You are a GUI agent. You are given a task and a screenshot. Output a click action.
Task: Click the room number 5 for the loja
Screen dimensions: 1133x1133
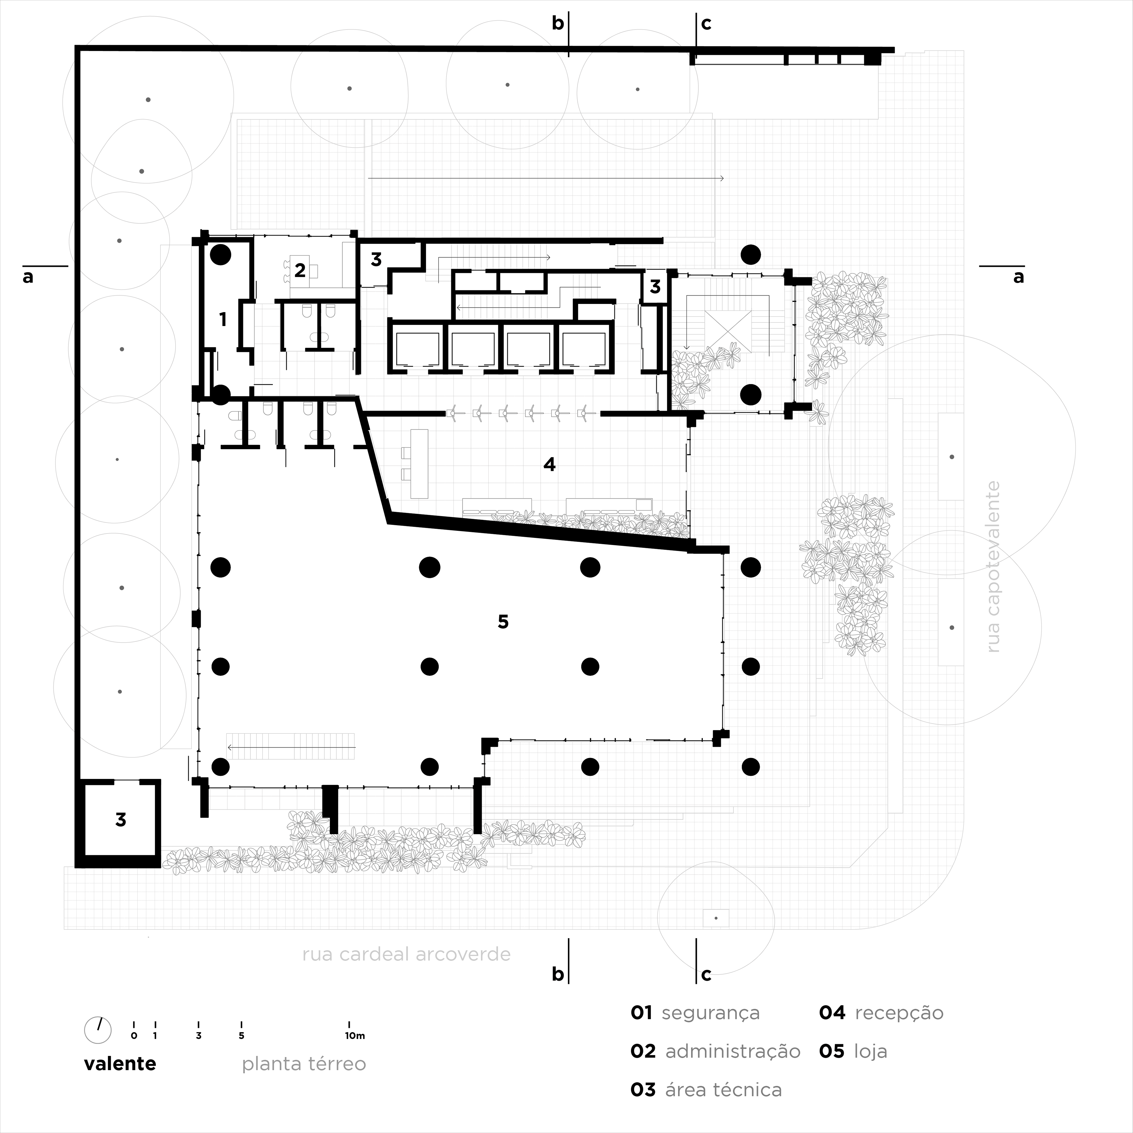click(x=502, y=622)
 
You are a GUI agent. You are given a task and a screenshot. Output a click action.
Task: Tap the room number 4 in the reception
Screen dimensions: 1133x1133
click(x=549, y=464)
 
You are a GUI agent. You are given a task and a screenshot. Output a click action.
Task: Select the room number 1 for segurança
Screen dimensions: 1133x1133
click(x=223, y=320)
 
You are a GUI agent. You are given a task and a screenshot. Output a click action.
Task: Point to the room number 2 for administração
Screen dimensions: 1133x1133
click(x=300, y=270)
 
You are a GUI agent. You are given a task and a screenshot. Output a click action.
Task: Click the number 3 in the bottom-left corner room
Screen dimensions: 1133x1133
click(x=121, y=819)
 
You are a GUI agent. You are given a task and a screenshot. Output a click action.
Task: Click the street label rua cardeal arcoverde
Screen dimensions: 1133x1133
click(x=406, y=954)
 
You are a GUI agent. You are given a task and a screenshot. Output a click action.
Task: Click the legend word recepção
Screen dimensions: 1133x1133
click(x=899, y=1029)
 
